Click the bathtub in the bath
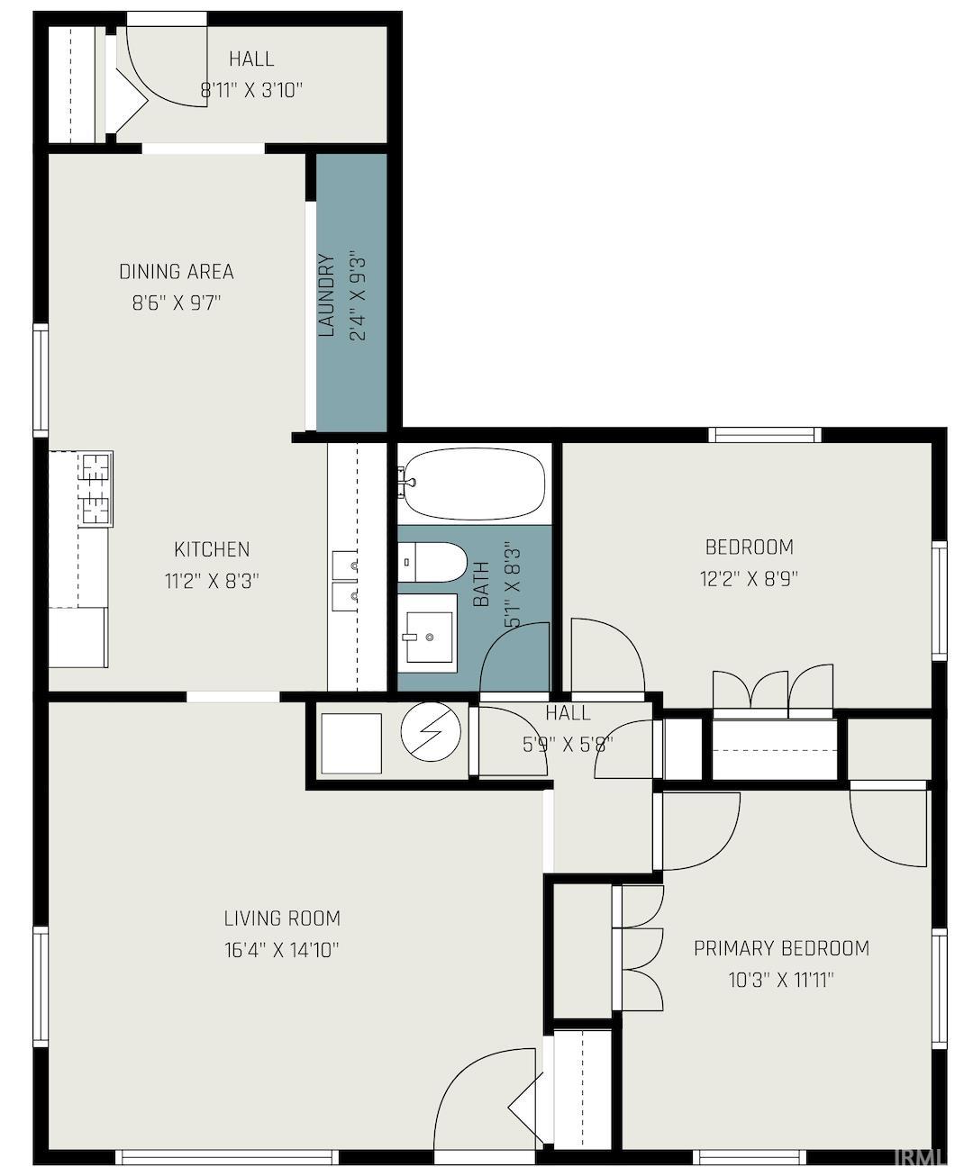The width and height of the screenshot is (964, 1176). point(474,484)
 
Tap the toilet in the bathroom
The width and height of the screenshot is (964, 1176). point(432,562)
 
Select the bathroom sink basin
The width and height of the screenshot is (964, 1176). point(429,637)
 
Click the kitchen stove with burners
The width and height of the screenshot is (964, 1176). point(96,489)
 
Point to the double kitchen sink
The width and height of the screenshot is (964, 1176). point(345,581)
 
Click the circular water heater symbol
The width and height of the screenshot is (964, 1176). point(431,731)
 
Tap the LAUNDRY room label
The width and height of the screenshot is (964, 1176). point(326,295)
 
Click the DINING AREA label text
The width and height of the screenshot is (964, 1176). point(177,272)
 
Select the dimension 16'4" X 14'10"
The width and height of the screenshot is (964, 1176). point(282,950)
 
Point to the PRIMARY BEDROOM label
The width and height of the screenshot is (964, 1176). point(782,948)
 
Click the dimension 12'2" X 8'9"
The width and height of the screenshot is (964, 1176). point(750,579)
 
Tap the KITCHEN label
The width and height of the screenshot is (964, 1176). point(212,550)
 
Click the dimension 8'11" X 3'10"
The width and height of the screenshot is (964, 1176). point(251,90)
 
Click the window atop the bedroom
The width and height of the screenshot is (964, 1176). point(765,434)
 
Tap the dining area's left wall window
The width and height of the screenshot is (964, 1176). point(41,380)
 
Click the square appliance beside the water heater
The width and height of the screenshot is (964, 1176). point(351,743)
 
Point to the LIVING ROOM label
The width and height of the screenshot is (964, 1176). point(282,918)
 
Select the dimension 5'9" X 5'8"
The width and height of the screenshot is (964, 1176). point(568,745)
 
